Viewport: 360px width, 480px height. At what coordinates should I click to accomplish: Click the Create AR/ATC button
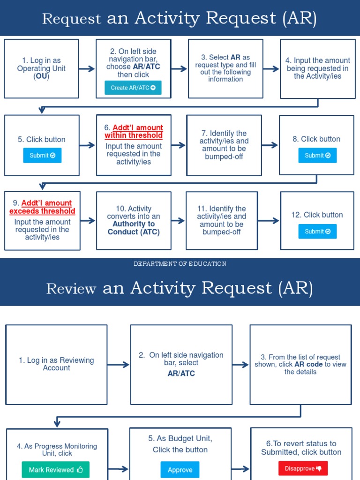[x=133, y=88]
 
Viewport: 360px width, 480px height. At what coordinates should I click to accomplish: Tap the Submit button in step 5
[x=42, y=156]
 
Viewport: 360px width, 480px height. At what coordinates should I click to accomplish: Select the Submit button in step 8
[x=317, y=156]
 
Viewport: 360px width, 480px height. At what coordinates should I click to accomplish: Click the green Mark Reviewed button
[x=55, y=470]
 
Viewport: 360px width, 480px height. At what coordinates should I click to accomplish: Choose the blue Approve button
[x=180, y=470]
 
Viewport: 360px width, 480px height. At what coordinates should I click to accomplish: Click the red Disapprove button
[x=303, y=468]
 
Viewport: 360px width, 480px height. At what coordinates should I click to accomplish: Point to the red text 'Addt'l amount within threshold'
[x=134, y=132]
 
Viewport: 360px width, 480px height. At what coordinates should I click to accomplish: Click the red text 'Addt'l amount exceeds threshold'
[x=43, y=207]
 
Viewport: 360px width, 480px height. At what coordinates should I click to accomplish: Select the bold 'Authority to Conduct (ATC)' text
[x=134, y=228]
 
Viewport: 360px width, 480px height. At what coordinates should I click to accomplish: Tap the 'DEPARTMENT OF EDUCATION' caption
[x=180, y=264]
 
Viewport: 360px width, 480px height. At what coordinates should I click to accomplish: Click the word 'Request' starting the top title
[x=71, y=19]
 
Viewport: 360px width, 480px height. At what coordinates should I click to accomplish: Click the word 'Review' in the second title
[x=71, y=289]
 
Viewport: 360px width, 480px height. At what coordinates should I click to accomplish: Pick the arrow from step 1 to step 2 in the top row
[x=87, y=69]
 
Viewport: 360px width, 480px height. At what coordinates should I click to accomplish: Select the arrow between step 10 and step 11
[x=178, y=220]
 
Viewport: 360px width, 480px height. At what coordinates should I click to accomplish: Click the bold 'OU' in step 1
[x=42, y=76]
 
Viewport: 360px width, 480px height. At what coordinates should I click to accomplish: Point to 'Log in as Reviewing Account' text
[x=56, y=364]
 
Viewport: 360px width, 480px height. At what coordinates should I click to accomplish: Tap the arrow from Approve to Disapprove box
[x=241, y=468]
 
